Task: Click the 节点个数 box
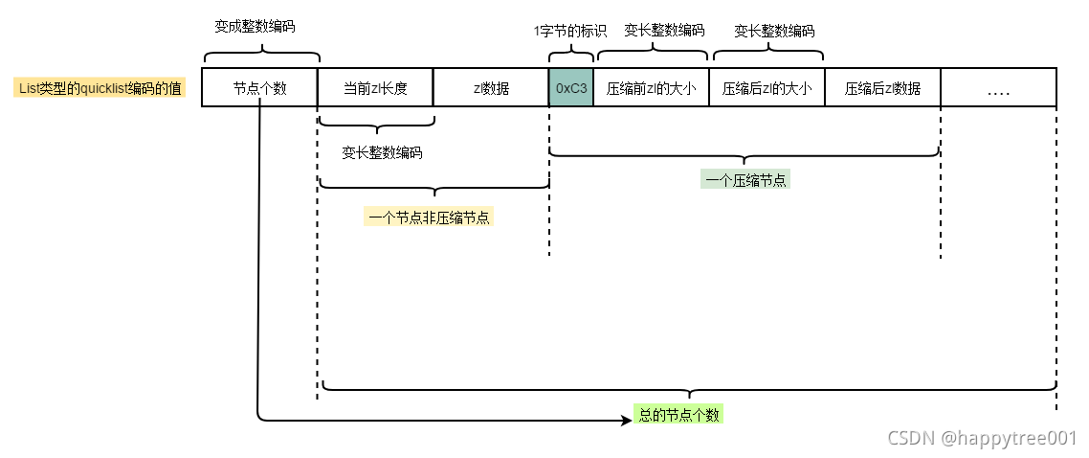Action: point(259,88)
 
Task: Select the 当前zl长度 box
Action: point(375,88)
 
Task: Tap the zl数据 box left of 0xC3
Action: point(491,88)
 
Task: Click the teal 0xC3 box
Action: point(571,88)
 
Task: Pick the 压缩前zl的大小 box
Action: point(651,88)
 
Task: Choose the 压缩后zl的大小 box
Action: point(767,88)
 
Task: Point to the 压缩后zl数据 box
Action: point(882,88)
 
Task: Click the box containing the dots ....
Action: point(998,88)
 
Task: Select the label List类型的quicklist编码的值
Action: point(100,88)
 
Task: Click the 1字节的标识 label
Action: point(570,31)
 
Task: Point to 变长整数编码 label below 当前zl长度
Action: point(382,152)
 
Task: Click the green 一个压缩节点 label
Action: point(744,179)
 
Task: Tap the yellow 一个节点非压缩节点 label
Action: point(428,217)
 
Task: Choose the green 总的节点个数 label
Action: point(678,416)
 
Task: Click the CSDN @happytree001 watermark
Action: point(982,438)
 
